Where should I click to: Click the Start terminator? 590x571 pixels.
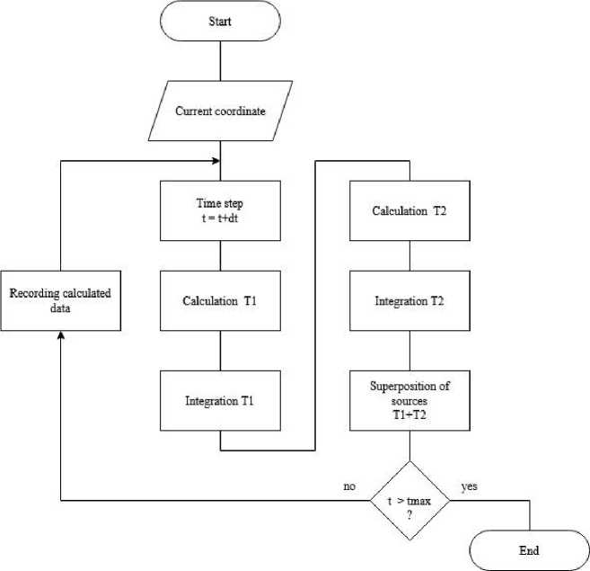tap(220, 21)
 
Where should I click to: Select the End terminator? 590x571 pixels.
tap(529, 549)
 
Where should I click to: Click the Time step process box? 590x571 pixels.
tap(220, 210)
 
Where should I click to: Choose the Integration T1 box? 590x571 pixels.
tap(220, 398)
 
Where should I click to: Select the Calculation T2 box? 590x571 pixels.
tap(409, 210)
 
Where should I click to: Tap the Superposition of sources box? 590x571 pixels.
tap(409, 398)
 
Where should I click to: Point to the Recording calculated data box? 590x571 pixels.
tap(59, 299)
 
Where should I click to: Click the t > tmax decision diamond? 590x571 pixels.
tap(409, 500)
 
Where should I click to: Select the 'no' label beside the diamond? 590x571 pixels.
tap(350, 486)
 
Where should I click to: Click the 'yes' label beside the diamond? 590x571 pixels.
tap(469, 486)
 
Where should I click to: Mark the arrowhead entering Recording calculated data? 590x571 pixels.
tap(59, 335)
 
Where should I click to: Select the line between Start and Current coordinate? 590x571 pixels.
tap(220, 59)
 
